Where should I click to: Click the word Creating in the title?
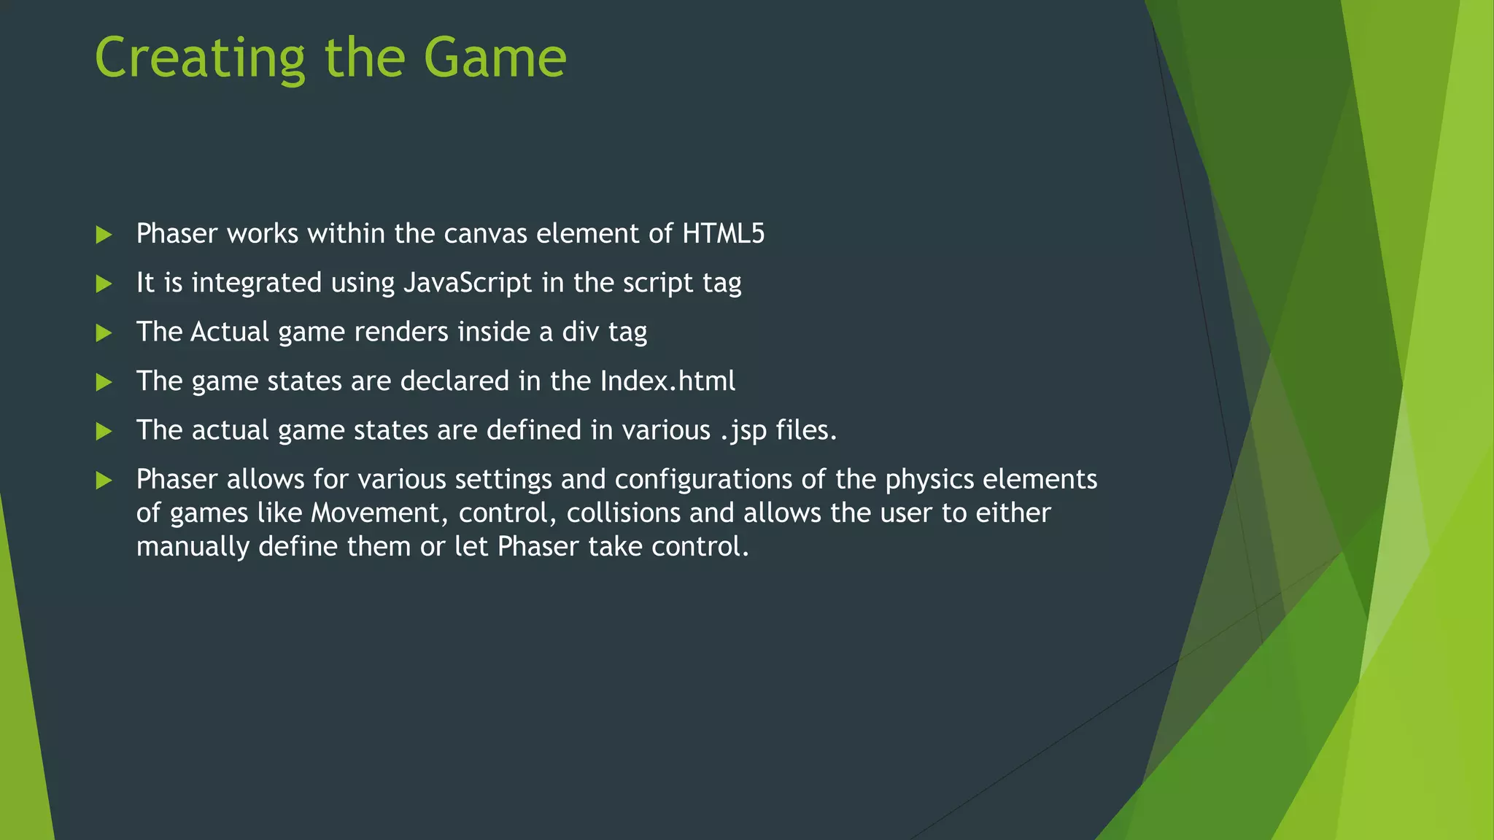click(x=200, y=58)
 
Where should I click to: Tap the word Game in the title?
click(x=495, y=58)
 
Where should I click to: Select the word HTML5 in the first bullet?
click(x=723, y=233)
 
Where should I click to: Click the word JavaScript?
click(x=468, y=283)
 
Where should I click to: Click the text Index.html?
click(x=667, y=381)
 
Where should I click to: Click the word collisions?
click(x=623, y=513)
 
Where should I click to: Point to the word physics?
click(x=929, y=480)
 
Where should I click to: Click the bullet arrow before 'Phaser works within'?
click(x=104, y=235)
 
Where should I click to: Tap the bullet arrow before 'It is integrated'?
click(x=104, y=284)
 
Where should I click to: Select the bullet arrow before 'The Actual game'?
click(x=104, y=333)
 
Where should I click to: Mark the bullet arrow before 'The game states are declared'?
click(x=104, y=382)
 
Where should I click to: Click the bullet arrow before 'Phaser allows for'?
click(x=104, y=481)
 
